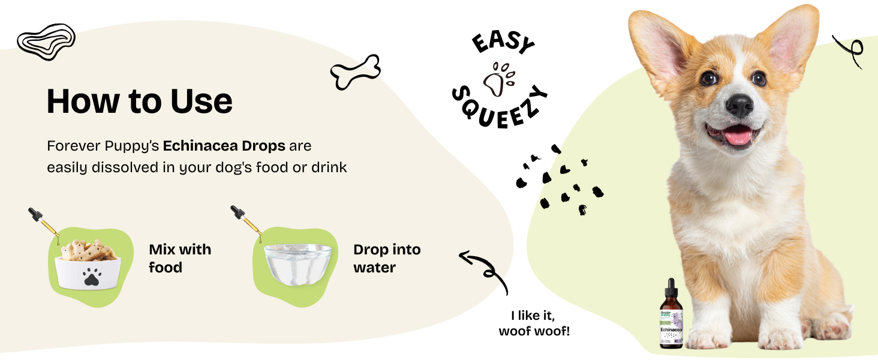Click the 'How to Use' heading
click(x=139, y=101)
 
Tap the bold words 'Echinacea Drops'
click(x=225, y=146)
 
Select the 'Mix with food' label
click(x=179, y=258)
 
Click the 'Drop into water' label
click(x=387, y=258)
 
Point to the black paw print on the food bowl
click(x=91, y=277)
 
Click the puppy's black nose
click(x=739, y=106)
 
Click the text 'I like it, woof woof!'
click(x=533, y=323)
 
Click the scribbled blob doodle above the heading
click(x=46, y=41)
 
